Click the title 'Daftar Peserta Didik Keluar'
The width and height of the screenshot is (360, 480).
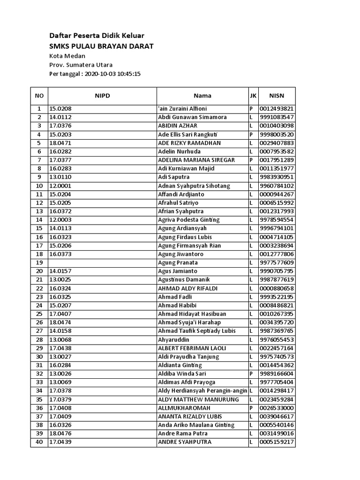(97, 36)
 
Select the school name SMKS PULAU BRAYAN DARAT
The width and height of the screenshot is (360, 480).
(101, 46)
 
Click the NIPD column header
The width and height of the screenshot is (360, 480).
(102, 96)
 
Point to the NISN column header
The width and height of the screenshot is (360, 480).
(277, 96)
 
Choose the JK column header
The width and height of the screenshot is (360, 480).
(253, 96)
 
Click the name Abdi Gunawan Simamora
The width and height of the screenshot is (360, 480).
(192, 117)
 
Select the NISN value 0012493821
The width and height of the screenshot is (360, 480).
(277, 109)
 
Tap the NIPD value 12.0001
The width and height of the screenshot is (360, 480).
(60, 186)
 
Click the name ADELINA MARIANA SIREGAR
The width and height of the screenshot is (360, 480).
(196, 160)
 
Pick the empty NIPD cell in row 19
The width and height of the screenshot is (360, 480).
(102, 262)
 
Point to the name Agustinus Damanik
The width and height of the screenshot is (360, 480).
(183, 280)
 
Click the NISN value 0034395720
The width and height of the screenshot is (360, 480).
(277, 322)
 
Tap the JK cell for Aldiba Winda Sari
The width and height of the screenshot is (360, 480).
(252, 374)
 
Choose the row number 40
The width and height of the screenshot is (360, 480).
(39, 442)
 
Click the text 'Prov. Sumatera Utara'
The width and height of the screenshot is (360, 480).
(81, 65)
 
